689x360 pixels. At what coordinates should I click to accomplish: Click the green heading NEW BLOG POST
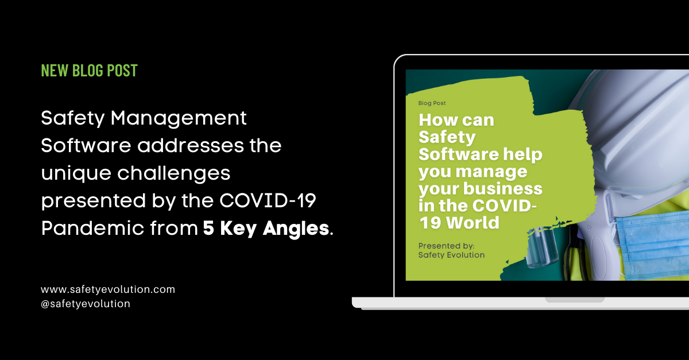coord(89,71)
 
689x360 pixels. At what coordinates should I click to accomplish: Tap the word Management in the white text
coord(179,118)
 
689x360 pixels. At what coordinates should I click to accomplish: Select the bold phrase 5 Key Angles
coord(266,229)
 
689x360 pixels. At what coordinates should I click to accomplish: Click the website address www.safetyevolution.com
coord(108,289)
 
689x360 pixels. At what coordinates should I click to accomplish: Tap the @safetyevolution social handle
coord(86,304)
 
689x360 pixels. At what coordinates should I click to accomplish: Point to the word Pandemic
coord(92,228)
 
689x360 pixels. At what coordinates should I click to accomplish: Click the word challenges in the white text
coord(174,173)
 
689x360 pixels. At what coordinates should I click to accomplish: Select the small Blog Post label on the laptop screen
coord(432,103)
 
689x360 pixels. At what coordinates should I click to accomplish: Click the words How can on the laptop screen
coord(456,119)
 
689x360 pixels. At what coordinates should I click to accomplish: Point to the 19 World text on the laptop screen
coord(459,222)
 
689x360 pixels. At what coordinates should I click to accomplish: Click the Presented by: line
coord(446,246)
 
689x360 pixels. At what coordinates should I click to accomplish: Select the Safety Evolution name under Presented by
coord(451,255)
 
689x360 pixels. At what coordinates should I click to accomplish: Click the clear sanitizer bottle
coord(542,247)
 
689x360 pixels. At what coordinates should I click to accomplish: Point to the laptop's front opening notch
coord(575,300)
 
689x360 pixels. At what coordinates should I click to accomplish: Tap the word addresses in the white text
coord(190,145)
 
